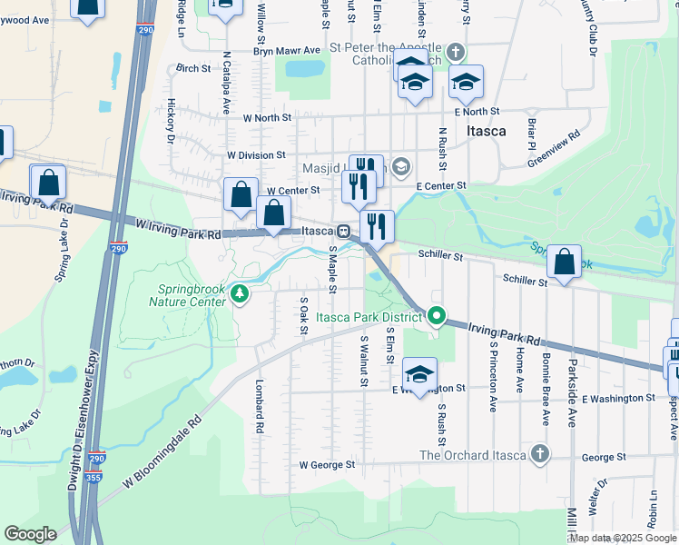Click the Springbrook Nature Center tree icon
[x=240, y=292]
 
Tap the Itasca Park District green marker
[x=437, y=317]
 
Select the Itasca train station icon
[x=344, y=232]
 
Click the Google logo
[x=30, y=534]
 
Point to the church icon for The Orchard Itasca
[x=540, y=454]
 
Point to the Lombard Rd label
[x=260, y=406]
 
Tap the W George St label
[x=327, y=465]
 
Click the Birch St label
[x=193, y=68]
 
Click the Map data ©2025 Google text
[x=623, y=538]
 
